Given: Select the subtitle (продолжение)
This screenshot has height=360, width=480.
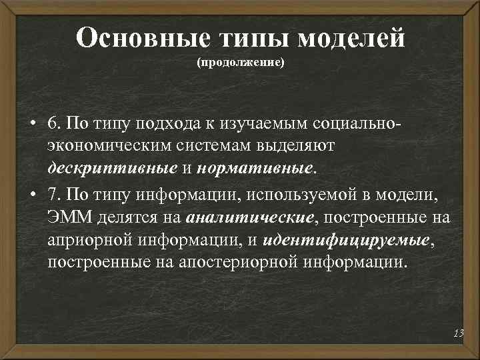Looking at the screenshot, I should click(240, 63).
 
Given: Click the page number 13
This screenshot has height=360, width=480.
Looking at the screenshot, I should click(458, 333).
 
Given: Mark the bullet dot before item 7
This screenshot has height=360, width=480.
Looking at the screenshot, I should click(32, 195).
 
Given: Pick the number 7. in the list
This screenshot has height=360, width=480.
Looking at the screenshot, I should click(55, 194).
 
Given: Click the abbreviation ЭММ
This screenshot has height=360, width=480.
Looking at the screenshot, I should click(65, 217).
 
